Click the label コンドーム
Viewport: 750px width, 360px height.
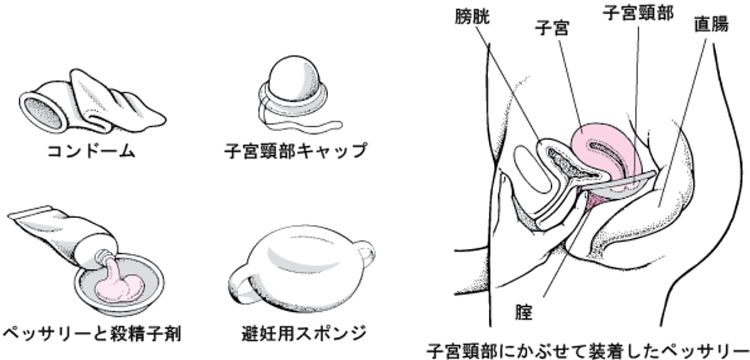coord(91,152)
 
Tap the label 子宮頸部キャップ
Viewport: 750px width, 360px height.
coord(295,151)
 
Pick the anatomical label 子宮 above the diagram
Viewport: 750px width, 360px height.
coord(551,28)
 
